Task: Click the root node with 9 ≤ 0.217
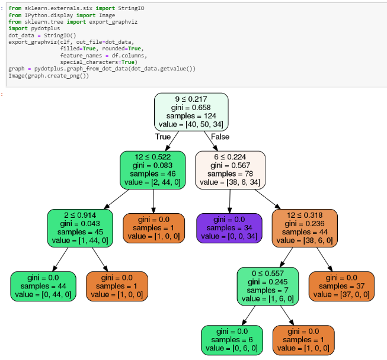(191, 112)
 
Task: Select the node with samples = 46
(153, 169)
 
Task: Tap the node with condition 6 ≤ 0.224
(230, 169)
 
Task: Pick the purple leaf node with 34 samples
(229, 228)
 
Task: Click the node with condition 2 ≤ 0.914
(80, 228)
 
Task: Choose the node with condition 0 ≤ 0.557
(267, 286)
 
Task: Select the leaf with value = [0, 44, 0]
(43, 286)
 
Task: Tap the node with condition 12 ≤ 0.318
(305, 228)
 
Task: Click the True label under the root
(163, 137)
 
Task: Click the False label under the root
(220, 137)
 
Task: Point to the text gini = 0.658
(191, 108)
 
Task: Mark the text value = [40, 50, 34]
(191, 125)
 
